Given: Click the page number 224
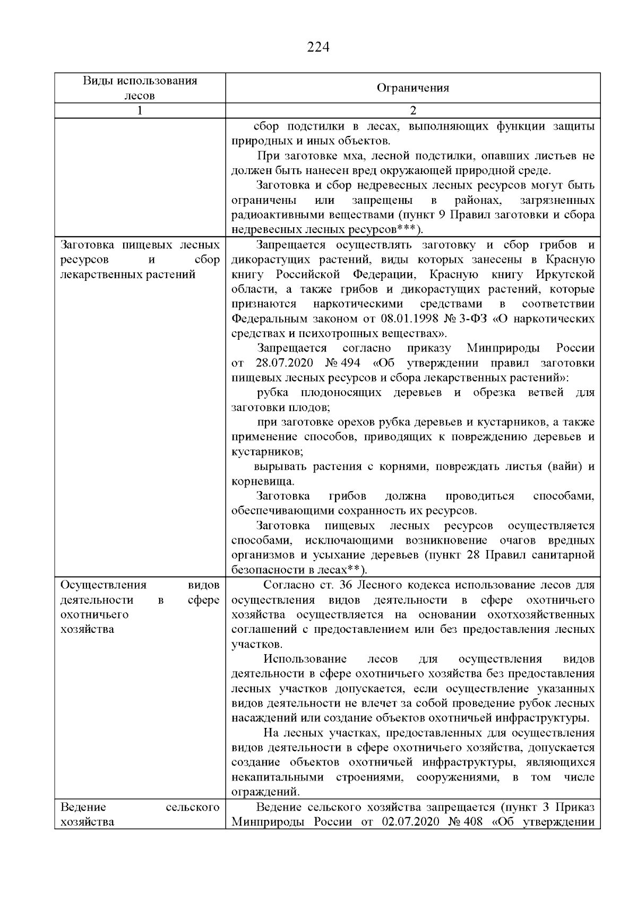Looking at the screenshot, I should coord(318,48).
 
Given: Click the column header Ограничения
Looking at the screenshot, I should coord(412,88).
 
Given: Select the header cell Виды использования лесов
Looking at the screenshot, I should coord(140,88).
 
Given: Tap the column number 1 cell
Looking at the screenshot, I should coord(140,111).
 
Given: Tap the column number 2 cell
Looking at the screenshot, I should coord(412,111).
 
